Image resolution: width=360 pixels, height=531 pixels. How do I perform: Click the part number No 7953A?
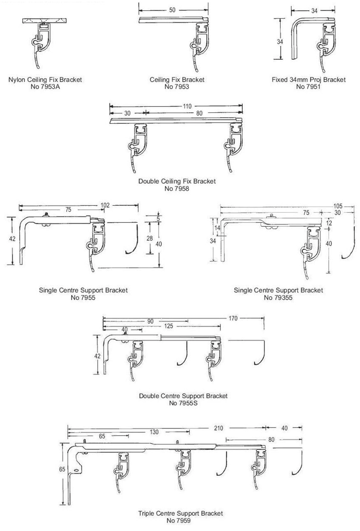tap(45, 87)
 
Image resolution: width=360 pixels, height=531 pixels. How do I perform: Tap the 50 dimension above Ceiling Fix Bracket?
tap(172, 10)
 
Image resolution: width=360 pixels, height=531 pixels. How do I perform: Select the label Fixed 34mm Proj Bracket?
tap(309, 80)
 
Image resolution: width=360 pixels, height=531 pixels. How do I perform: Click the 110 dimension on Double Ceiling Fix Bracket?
tap(187, 106)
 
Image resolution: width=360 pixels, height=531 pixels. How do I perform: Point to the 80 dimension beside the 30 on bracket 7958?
tap(199, 113)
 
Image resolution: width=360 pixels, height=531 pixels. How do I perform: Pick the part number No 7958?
tap(177, 189)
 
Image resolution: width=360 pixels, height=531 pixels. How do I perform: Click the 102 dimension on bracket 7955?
tap(105, 205)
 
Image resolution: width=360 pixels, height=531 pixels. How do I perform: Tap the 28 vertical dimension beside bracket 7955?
tap(149, 238)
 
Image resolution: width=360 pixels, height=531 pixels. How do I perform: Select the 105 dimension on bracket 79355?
tap(338, 206)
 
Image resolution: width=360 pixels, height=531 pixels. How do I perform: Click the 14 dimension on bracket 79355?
tap(217, 228)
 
